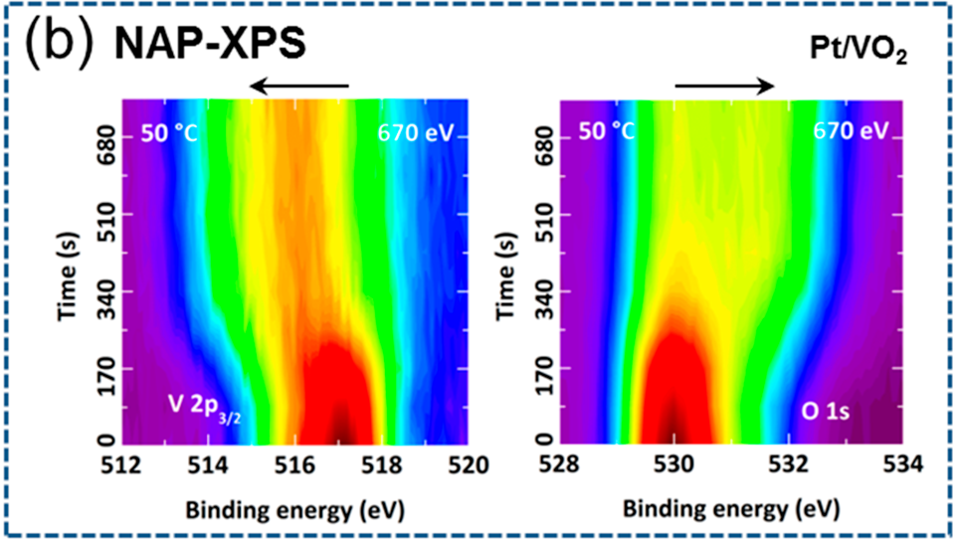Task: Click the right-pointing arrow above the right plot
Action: click(724, 87)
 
